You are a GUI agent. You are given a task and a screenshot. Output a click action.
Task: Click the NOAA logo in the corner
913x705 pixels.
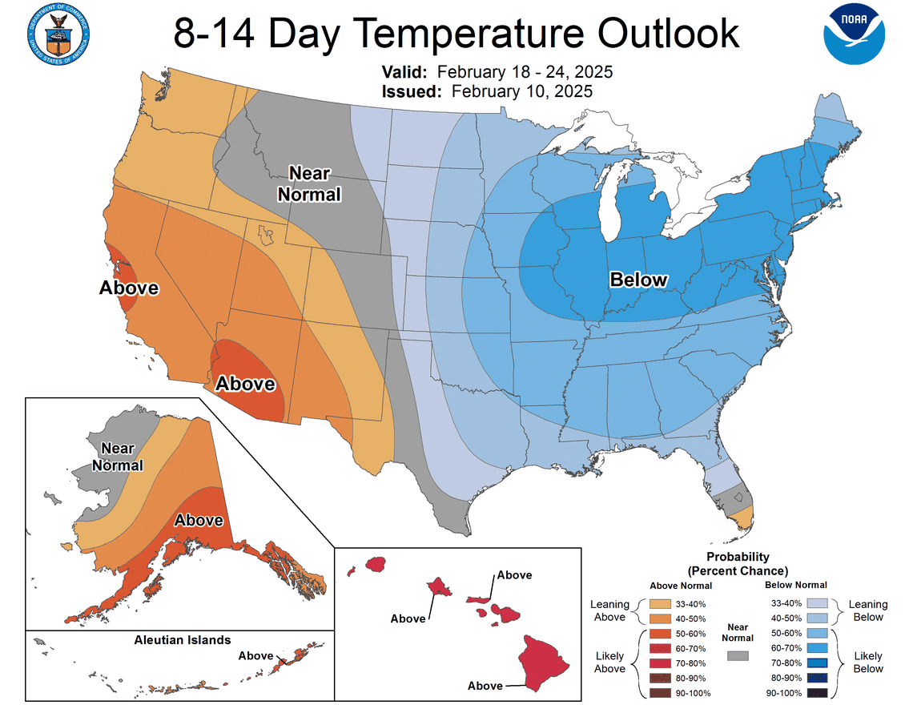(855, 34)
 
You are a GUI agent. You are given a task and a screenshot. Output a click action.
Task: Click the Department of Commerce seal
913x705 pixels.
(58, 34)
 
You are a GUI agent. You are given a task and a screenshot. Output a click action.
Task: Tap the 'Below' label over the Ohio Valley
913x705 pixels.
(638, 279)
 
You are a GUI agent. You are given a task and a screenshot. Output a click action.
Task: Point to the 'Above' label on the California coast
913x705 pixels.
(128, 288)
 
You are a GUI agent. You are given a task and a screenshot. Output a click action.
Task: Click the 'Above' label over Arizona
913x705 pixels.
(246, 384)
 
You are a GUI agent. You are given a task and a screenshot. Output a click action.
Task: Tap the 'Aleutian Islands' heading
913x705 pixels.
(183, 639)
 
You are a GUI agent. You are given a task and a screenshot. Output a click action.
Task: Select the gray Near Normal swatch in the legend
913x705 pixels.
(738, 655)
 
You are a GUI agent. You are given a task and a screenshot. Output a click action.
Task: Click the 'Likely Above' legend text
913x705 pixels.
(609, 662)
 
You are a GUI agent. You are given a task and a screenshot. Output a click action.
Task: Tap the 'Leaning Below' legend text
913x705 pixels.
(868, 610)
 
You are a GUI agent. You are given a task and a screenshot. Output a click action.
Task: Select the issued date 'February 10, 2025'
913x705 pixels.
(521, 91)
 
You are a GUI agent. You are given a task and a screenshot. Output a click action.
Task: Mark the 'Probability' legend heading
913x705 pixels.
(738, 557)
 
